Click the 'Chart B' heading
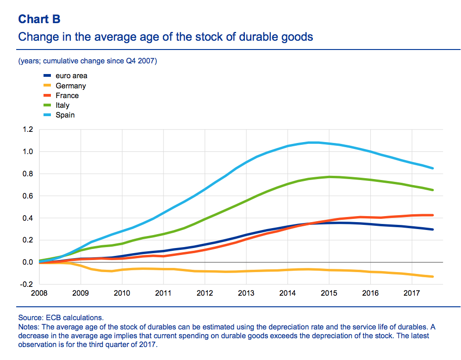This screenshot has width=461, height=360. point(39,19)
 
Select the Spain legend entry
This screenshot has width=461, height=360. point(65,115)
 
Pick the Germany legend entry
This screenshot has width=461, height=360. point(70,86)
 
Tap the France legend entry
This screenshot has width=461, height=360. point(67,95)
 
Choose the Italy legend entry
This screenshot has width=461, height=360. point(62,105)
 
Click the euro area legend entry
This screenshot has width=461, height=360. point(71,76)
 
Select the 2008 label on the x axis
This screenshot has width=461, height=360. point(39,293)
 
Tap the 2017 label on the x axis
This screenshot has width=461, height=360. point(411,293)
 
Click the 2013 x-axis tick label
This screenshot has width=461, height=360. point(246,293)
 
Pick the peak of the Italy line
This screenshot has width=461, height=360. point(329,177)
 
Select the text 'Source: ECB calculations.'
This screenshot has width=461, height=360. point(61,318)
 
